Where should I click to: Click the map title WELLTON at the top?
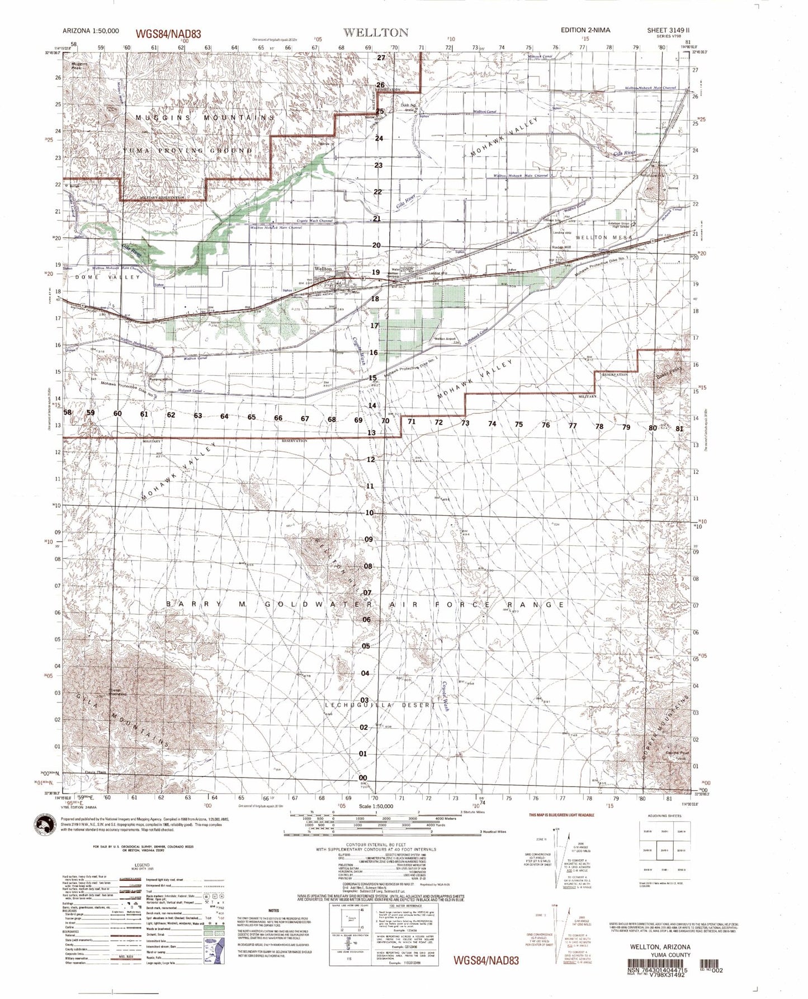376,32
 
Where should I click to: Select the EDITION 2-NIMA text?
585,30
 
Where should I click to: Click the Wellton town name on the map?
323,269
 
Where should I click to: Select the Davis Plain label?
96,773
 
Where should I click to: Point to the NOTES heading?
273,911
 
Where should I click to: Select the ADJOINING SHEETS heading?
663,816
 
